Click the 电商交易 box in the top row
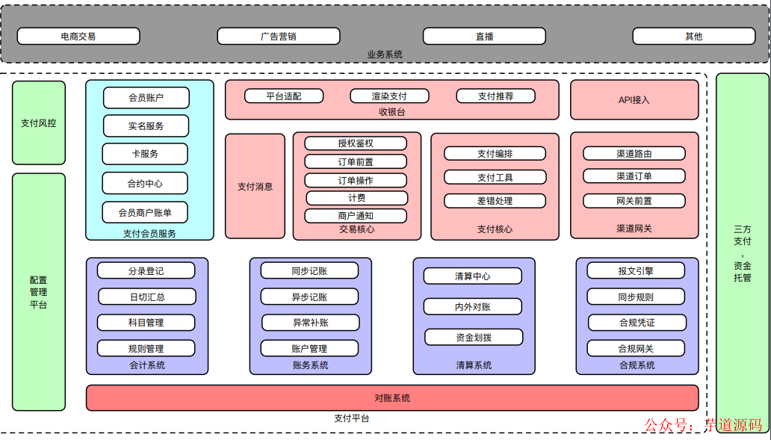point(78,36)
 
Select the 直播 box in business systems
point(484,36)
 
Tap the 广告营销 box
point(278,36)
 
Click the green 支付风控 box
point(38,123)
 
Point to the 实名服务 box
point(146,126)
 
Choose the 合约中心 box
point(145,183)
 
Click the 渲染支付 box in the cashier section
point(389,96)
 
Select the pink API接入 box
point(634,99)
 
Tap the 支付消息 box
point(255,186)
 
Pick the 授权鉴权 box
point(356,143)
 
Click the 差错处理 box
point(495,200)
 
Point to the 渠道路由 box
point(634,153)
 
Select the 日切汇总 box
point(146,297)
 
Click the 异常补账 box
point(310,322)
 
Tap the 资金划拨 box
point(474,337)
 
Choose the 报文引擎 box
point(636,270)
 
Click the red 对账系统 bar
point(392,397)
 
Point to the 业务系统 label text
point(385,55)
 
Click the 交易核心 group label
point(356,229)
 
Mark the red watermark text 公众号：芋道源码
point(702,424)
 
